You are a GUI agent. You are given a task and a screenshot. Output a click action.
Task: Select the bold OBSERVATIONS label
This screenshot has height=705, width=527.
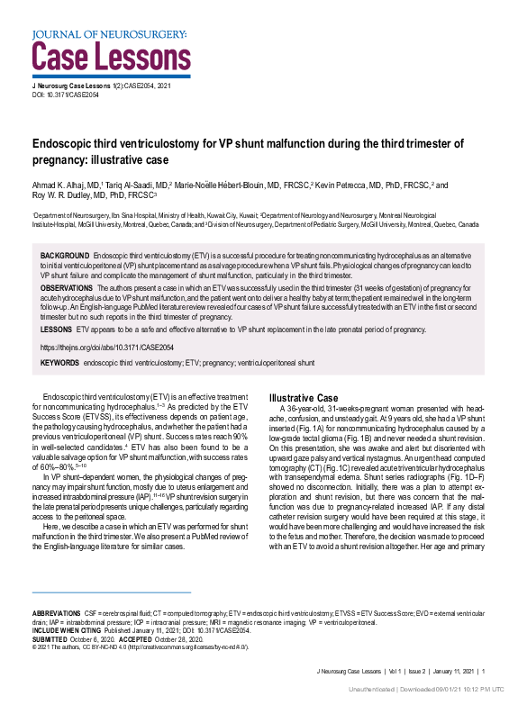[x=68, y=287]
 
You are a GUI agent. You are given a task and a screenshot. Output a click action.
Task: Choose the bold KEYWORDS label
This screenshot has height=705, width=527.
[x=59, y=362]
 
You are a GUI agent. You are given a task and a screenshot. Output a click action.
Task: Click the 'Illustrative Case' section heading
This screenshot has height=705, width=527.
[x=304, y=398]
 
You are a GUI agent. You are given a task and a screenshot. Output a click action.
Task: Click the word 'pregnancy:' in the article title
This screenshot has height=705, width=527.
[x=62, y=160]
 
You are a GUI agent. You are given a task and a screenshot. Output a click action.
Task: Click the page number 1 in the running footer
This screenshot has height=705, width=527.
[x=483, y=671]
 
